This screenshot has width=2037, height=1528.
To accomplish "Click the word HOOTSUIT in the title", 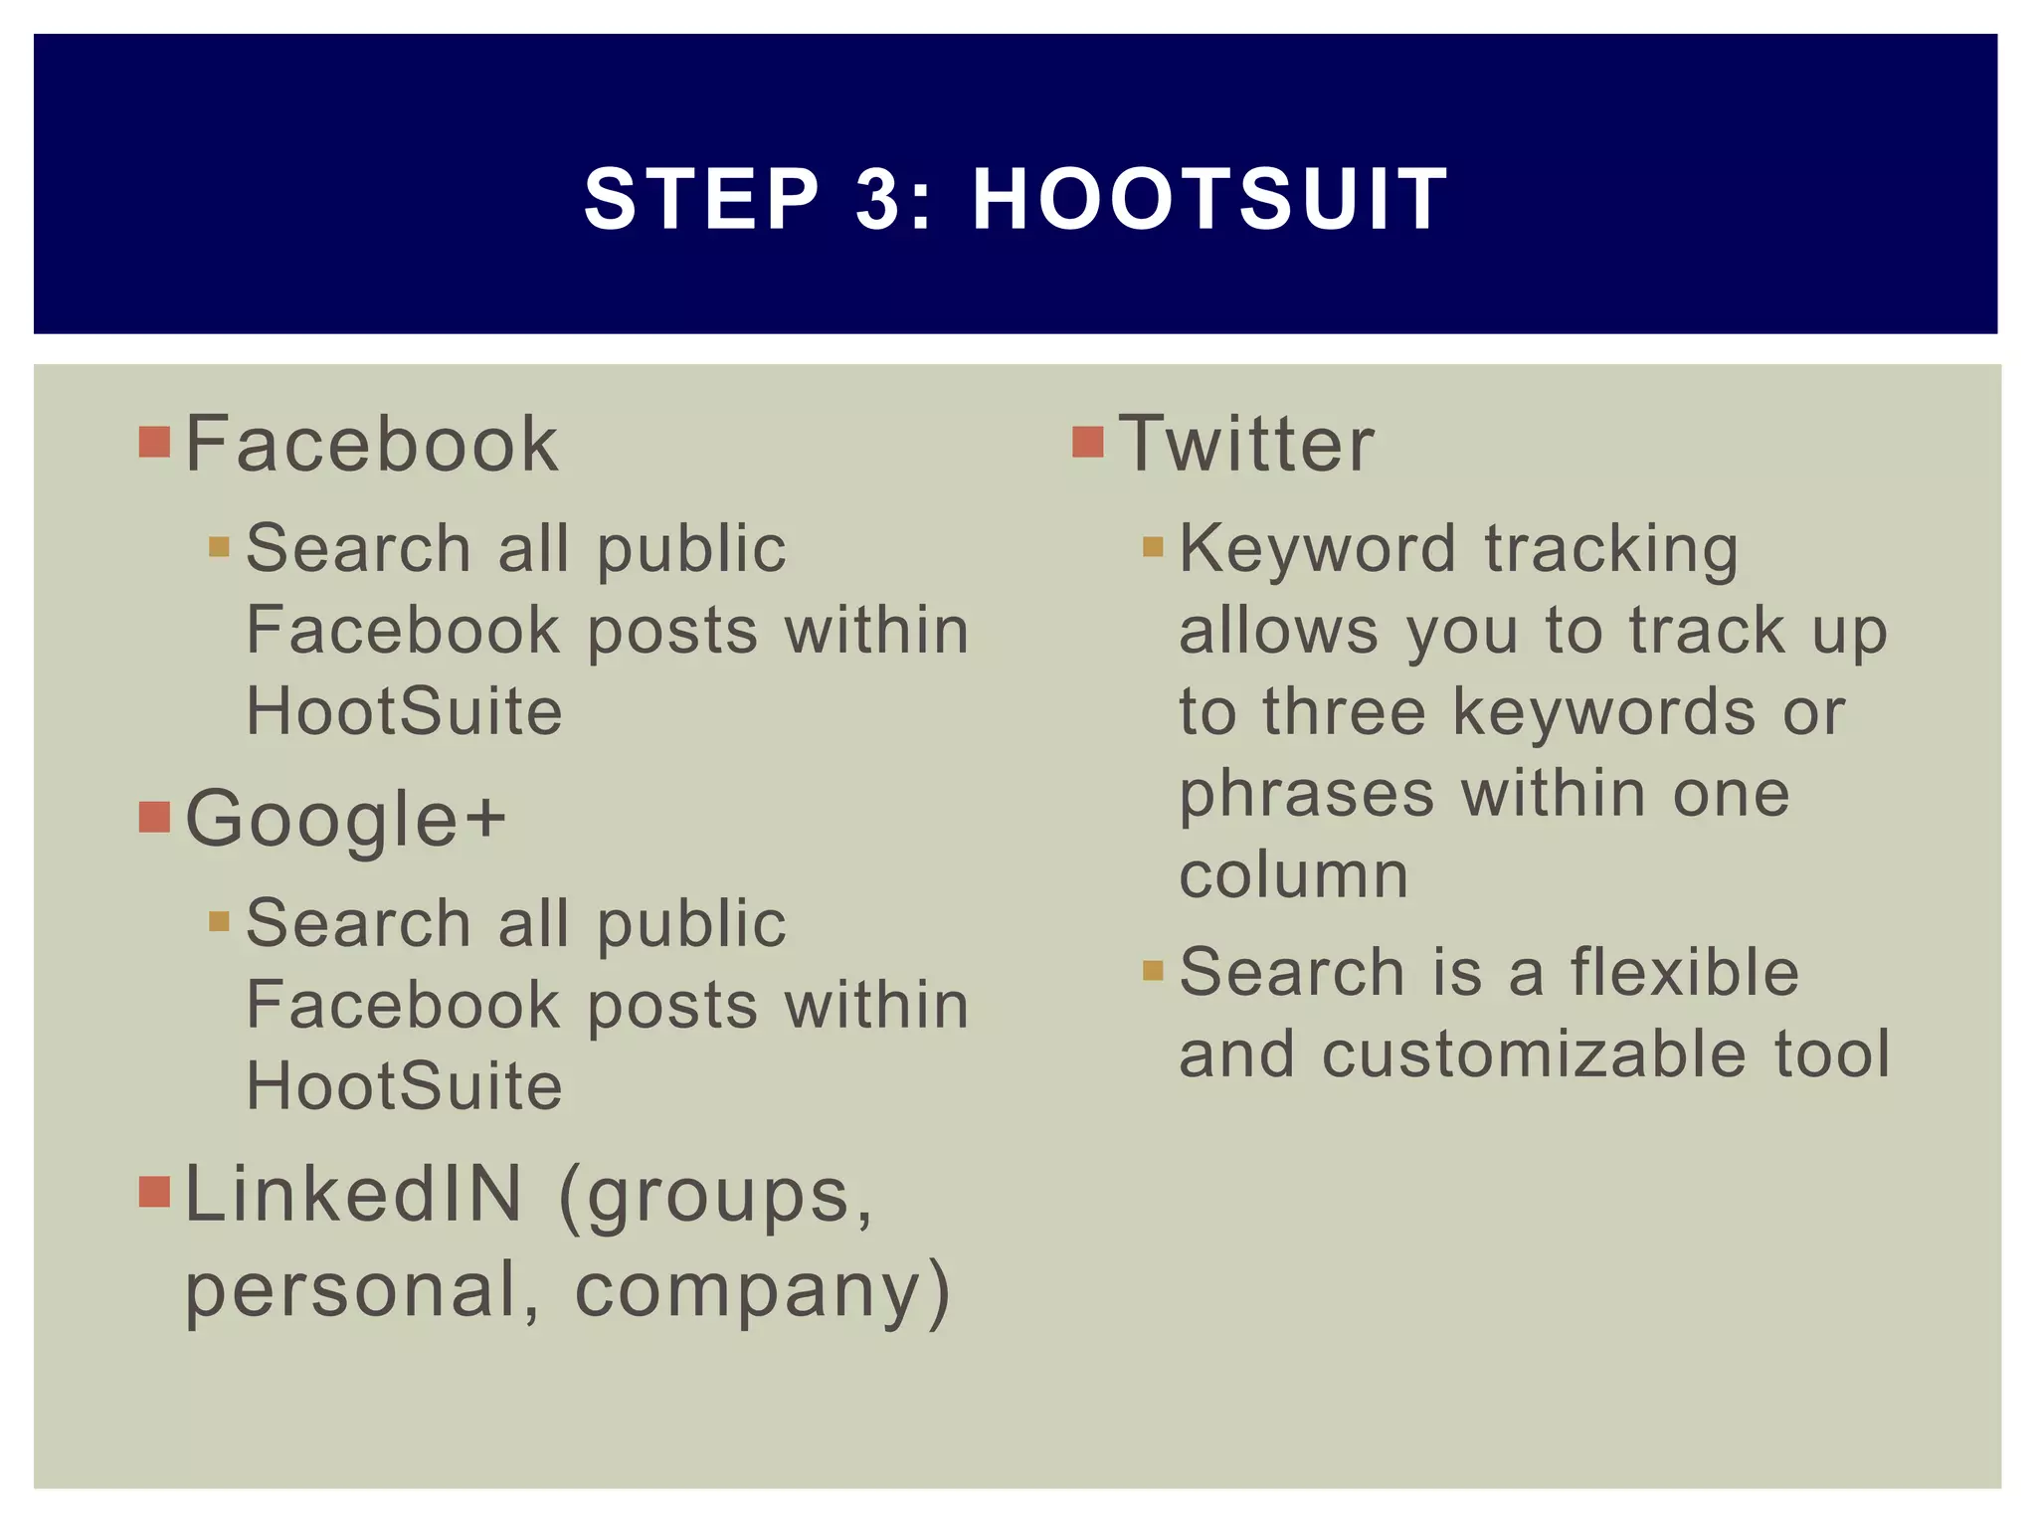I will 1209,199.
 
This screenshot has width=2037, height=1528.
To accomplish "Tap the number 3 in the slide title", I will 876,199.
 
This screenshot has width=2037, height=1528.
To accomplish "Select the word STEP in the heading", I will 702,199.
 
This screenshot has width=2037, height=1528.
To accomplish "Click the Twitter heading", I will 1246,444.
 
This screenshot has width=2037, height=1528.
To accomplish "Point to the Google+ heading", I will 346,819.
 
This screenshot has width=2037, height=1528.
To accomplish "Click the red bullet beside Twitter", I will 1088,442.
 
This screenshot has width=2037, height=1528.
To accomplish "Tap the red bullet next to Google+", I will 154,817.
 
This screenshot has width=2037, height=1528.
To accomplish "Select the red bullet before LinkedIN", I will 154,1191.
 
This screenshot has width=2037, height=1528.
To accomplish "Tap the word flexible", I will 1685,972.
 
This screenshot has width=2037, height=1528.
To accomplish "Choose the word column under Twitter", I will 1293,875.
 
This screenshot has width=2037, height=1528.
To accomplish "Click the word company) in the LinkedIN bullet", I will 763,1291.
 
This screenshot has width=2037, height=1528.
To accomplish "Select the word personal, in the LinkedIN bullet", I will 363,1291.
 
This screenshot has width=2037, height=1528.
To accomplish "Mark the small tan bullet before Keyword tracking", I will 1153,546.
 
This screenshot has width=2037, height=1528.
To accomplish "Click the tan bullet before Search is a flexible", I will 1153,970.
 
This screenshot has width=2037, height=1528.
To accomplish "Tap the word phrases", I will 1306,795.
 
